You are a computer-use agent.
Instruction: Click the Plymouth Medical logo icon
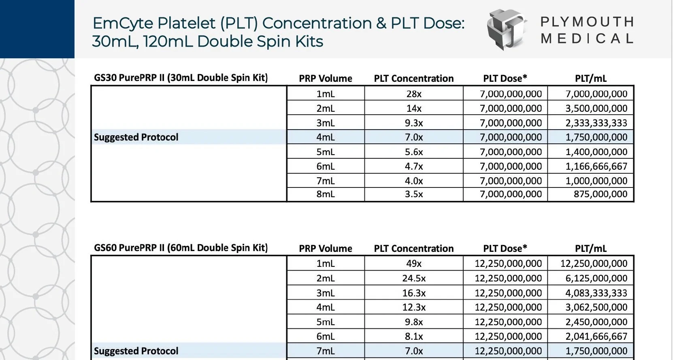pos(506,30)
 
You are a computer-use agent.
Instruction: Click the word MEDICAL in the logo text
pos(587,39)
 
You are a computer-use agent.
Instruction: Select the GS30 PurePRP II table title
pos(181,78)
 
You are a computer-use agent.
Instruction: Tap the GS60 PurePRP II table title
pos(181,248)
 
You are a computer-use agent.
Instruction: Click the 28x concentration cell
pos(413,94)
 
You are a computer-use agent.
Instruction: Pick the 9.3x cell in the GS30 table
pos(413,123)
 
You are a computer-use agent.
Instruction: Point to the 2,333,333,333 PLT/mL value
pos(596,123)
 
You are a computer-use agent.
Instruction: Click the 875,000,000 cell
pos(600,194)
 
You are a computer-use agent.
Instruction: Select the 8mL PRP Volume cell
pos(326,194)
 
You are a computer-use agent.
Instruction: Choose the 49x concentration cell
pos(413,264)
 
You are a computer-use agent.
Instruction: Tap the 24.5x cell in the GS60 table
pos(413,279)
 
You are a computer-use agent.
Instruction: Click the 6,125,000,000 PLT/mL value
pos(596,279)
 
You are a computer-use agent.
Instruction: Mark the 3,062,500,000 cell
pos(596,307)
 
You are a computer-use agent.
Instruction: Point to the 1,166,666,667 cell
pos(596,166)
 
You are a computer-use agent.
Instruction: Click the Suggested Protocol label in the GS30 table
pos(136,137)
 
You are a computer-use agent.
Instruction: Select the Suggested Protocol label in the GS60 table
pos(136,351)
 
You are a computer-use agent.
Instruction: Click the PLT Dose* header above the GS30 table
pos(505,79)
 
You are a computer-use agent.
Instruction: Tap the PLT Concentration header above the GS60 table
pos(413,249)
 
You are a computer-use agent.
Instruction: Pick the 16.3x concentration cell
pos(413,293)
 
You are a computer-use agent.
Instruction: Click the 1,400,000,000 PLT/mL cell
pos(596,152)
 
